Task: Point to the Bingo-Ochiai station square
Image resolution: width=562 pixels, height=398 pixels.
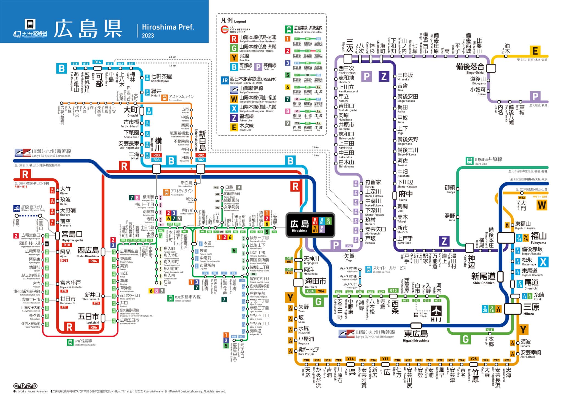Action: coord(491,68)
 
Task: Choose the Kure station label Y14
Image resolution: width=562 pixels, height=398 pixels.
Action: coord(350,359)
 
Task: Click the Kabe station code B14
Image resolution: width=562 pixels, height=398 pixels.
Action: coord(98,62)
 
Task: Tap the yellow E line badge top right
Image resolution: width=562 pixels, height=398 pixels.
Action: coord(535,51)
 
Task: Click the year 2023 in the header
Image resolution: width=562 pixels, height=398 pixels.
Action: coord(148,35)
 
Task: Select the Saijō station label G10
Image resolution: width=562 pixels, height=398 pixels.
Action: coord(393,291)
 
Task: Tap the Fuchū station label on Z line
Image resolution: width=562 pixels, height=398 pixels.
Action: coord(405,194)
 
